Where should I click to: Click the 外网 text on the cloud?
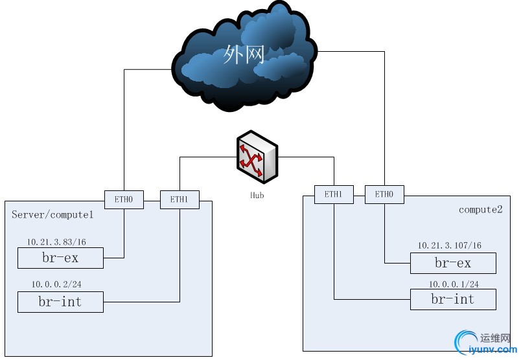244,54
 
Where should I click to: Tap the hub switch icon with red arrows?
257,157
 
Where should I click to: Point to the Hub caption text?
257,195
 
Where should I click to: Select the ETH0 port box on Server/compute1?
124,199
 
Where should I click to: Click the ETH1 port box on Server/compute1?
179,199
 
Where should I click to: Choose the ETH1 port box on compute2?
334,194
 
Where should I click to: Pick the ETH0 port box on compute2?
384,194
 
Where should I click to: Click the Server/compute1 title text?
52,214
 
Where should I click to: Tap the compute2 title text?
480,210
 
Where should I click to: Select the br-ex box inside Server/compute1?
60,258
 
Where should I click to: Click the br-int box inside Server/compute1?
60,302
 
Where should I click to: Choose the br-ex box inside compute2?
453,263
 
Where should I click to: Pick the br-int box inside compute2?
453,299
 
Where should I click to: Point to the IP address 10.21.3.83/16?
56,242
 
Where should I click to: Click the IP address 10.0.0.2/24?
56,284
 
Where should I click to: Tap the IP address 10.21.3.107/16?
449,245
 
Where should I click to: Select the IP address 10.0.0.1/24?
454,284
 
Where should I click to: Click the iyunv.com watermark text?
492,350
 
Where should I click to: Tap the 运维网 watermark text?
495,338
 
